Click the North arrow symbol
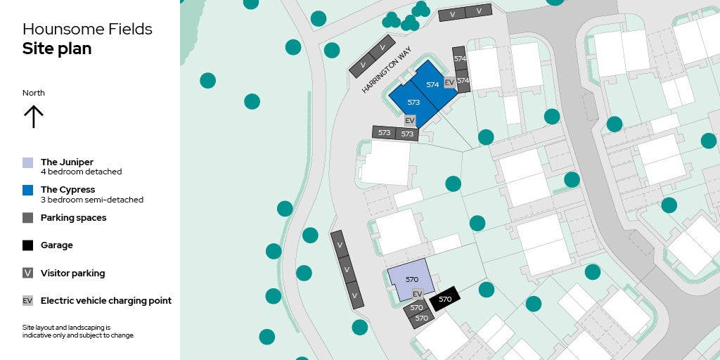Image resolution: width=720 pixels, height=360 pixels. coord(33,117)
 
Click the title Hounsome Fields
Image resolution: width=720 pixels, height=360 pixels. coord(87,30)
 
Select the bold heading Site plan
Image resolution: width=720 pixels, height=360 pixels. coord(57,49)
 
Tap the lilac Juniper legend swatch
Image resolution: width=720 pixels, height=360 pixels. coord(28,162)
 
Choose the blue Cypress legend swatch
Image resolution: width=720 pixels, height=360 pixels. coord(28,190)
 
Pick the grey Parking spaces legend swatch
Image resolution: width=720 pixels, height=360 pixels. coord(28,218)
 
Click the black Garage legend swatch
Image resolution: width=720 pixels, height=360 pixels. coord(28,245)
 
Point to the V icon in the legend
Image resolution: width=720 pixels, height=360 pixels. coord(28,273)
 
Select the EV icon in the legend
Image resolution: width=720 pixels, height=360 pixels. coord(28,301)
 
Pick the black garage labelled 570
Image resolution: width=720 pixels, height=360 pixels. coord(445,299)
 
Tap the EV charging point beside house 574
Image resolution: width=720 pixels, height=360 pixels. coord(449,82)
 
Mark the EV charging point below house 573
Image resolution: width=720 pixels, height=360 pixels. coord(410,121)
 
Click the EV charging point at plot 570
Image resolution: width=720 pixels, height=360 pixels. coord(417,294)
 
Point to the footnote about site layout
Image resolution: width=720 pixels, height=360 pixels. coord(78,331)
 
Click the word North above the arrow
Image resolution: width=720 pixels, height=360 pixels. coord(34,93)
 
